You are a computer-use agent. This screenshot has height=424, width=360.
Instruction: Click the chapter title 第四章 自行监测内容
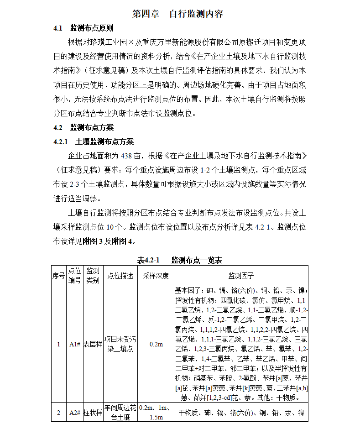(x=177, y=14)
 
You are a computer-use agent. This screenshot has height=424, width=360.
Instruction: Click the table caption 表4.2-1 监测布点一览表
(x=180, y=260)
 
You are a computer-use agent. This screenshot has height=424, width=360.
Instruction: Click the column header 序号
(x=58, y=276)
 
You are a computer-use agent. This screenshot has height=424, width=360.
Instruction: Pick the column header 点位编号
(x=74, y=276)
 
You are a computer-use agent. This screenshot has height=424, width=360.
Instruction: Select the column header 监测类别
(x=93, y=276)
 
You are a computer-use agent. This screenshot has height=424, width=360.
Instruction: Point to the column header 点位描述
(x=120, y=276)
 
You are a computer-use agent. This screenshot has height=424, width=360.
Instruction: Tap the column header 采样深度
(x=156, y=276)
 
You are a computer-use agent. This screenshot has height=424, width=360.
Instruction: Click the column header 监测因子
(x=241, y=276)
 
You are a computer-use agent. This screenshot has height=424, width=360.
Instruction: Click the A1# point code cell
(x=75, y=344)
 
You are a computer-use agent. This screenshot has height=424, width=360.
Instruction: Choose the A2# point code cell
(x=75, y=413)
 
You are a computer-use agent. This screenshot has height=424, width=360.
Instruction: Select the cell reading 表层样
(x=93, y=344)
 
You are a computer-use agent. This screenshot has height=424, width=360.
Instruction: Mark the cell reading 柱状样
(x=93, y=413)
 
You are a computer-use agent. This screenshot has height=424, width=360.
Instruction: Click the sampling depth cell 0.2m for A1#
(x=156, y=344)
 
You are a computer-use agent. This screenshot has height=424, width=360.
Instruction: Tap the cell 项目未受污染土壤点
(x=120, y=344)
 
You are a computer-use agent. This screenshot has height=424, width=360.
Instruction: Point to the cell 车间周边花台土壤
(x=120, y=413)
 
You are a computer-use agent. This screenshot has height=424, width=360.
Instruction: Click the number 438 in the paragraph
(x=128, y=156)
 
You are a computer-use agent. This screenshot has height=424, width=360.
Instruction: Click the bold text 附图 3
(x=93, y=241)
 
